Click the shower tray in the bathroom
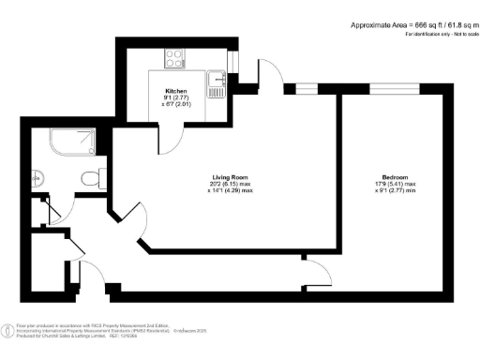(73, 142)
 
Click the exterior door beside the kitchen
(269, 77)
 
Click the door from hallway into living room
(137, 226)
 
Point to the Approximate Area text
(408, 24)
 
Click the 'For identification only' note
(437, 35)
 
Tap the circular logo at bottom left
(8, 330)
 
